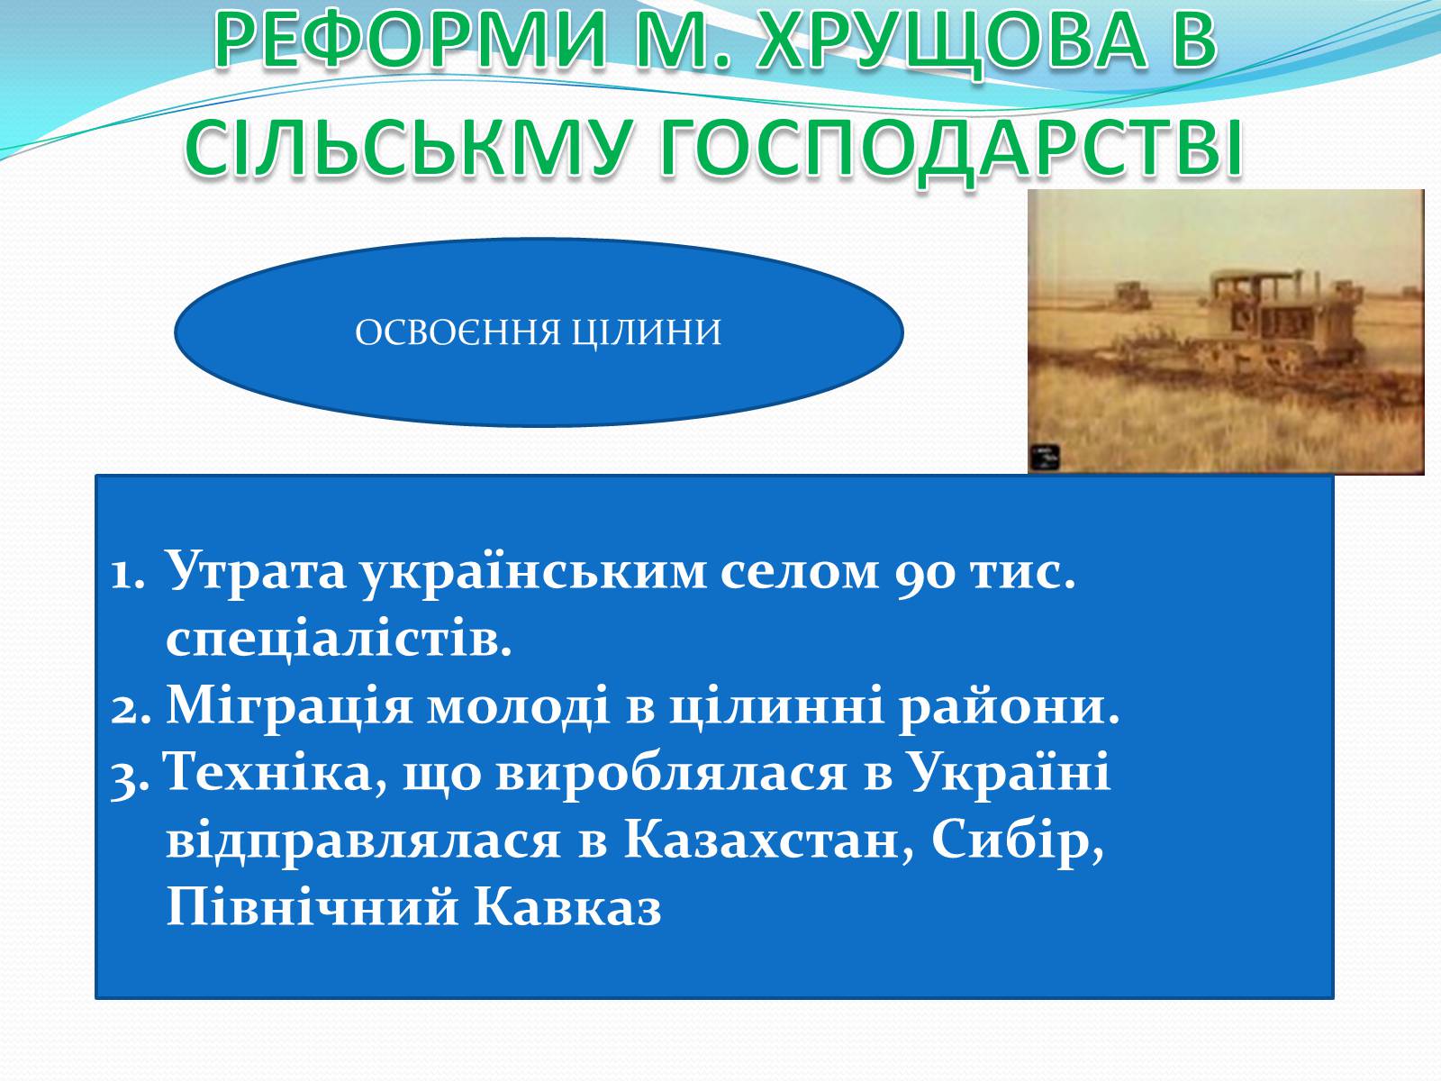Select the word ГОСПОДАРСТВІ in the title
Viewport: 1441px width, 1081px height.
click(x=951, y=148)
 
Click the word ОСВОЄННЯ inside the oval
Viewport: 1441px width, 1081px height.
click(x=458, y=332)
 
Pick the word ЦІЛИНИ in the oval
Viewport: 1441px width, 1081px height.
click(x=647, y=332)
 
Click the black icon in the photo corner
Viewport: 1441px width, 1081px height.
click(x=1045, y=457)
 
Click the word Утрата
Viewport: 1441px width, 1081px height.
click(x=256, y=569)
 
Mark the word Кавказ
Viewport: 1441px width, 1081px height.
click(x=567, y=908)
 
